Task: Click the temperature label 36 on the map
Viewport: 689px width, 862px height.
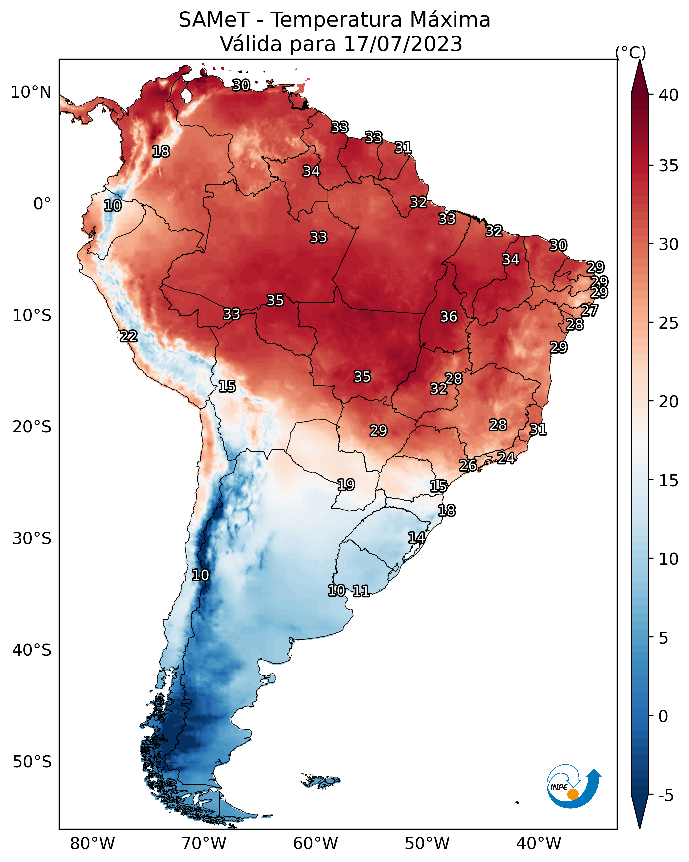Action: tap(448, 317)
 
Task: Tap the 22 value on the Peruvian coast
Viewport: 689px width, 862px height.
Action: tap(128, 336)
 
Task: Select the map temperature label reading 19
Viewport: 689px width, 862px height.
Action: tap(346, 485)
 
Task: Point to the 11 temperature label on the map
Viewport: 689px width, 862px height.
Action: tap(361, 591)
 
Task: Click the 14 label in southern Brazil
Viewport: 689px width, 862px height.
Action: tap(416, 537)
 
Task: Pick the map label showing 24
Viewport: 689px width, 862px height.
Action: tap(506, 458)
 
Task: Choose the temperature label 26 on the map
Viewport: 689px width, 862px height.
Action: tap(467, 465)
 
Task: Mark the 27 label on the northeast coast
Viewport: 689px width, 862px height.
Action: tap(589, 310)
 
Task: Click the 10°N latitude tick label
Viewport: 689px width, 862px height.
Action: tap(31, 92)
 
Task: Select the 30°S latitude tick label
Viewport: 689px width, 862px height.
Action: tap(32, 539)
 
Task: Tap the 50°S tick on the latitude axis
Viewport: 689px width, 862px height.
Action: tap(32, 762)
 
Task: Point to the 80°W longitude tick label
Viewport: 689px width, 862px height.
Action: tap(92, 844)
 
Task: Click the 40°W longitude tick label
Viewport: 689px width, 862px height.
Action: tap(539, 844)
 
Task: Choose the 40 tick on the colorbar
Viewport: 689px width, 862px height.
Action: tap(669, 95)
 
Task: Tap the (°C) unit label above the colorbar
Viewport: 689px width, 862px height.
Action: tap(630, 52)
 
